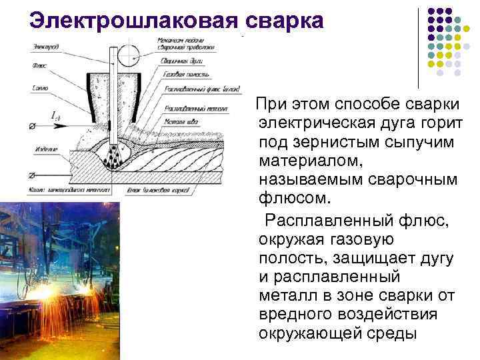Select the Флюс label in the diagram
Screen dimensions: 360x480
click(41, 65)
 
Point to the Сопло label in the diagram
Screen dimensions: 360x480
click(39, 88)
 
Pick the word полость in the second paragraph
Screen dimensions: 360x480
click(289, 257)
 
